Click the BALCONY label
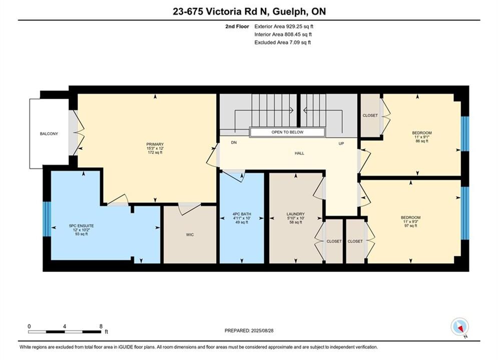(x=49, y=134)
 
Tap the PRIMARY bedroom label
(x=155, y=144)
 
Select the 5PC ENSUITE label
(x=81, y=226)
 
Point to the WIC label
(x=190, y=234)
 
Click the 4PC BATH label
(x=242, y=214)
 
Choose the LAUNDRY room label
(x=296, y=214)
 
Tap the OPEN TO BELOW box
(x=287, y=132)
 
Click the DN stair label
(x=234, y=142)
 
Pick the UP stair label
(x=341, y=143)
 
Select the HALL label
(x=299, y=153)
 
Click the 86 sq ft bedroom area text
(x=422, y=141)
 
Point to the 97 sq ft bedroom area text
(x=410, y=226)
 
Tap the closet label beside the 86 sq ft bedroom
(x=370, y=115)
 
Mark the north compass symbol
(x=459, y=326)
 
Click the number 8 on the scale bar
(x=101, y=326)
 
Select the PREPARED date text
(x=249, y=330)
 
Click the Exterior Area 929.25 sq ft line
(x=284, y=26)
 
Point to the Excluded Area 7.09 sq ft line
(x=283, y=42)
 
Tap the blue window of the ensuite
(x=47, y=219)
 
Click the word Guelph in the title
(x=289, y=11)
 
